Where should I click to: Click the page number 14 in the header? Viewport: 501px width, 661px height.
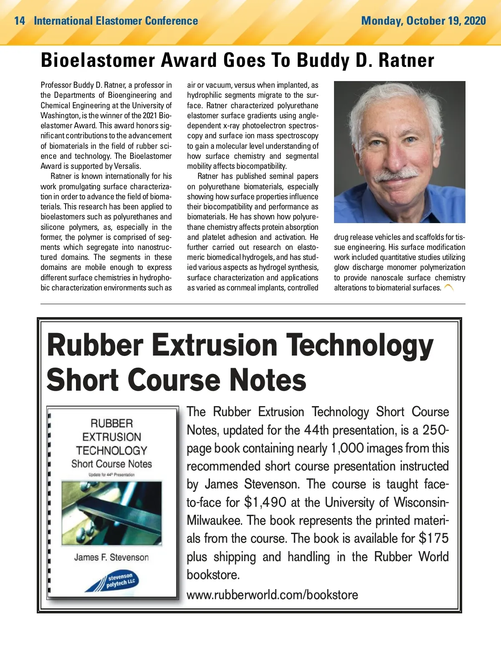19,21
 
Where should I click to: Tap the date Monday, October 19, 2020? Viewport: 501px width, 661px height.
423,21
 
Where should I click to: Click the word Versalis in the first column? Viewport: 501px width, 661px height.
127,166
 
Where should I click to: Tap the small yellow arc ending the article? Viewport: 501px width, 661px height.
449,287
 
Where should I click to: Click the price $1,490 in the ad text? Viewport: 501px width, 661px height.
265,502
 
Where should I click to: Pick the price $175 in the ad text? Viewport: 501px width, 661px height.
434,538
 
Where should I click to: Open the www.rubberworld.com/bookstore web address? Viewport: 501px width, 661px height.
272,595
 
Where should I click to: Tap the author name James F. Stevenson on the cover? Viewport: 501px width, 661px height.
111,557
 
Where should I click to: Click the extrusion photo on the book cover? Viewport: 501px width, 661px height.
111,513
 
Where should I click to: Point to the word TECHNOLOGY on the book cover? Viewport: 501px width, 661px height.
111,450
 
